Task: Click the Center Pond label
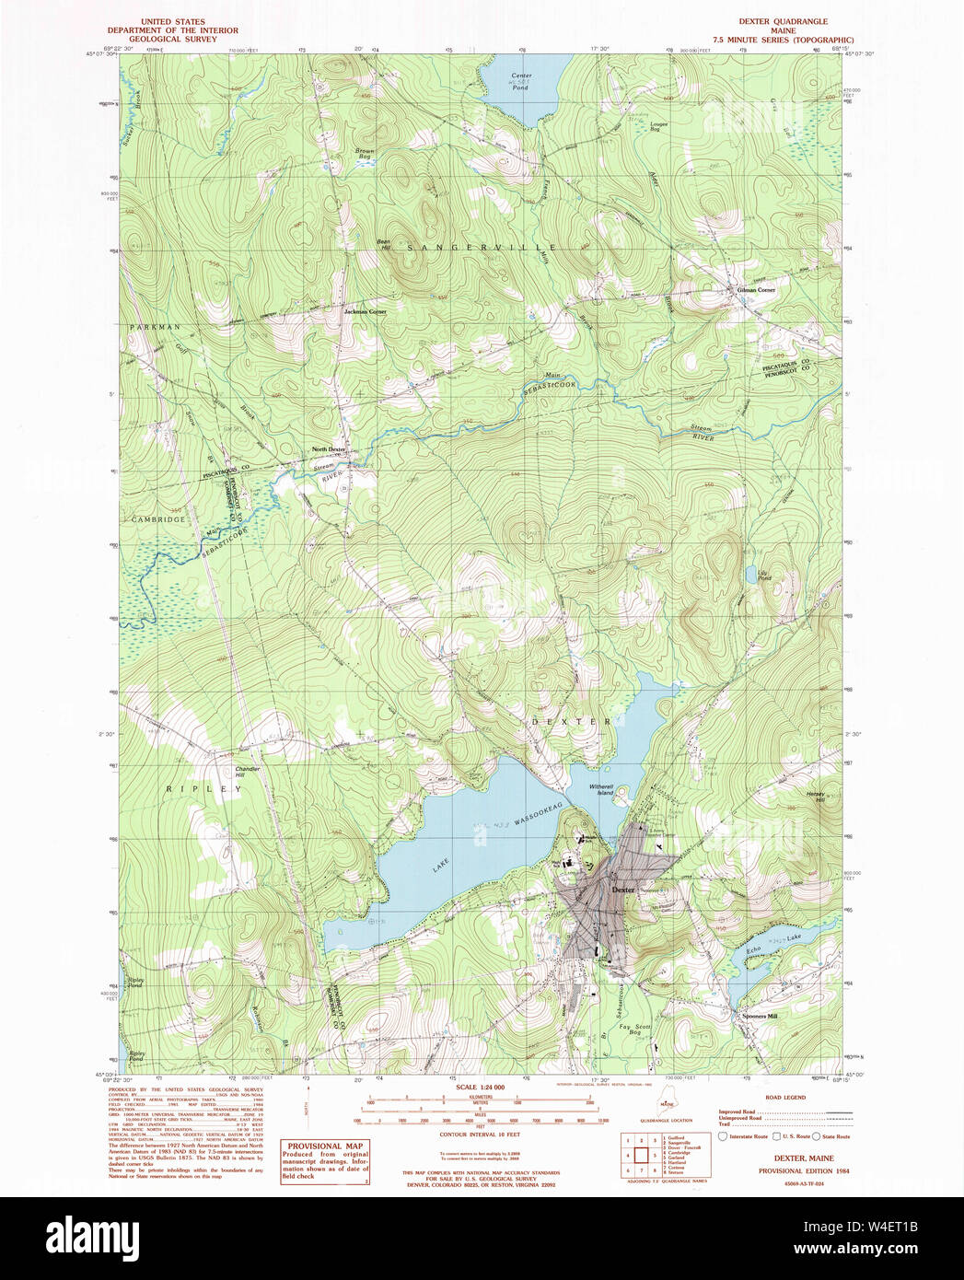coord(521,81)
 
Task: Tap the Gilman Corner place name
coord(756,290)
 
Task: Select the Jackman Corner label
coord(365,311)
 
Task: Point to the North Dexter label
coord(328,449)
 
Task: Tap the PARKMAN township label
coord(155,327)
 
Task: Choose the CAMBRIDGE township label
coord(157,519)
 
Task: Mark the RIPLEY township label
coord(203,789)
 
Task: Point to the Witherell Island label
coord(601,789)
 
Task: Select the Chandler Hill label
coord(247,772)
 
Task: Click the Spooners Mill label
coord(760,1016)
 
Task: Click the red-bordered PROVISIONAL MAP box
coord(325,1161)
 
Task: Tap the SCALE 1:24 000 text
coord(480,1088)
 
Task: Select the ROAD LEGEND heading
coord(785,1098)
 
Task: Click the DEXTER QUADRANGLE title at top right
coord(783,21)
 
